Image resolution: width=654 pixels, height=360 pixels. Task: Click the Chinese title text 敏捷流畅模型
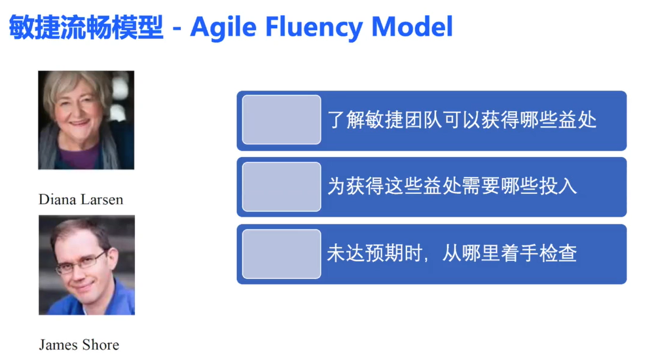click(85, 27)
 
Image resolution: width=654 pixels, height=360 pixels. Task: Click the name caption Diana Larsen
click(81, 199)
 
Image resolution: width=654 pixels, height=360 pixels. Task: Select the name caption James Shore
click(79, 344)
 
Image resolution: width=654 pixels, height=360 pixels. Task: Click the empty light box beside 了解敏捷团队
click(282, 120)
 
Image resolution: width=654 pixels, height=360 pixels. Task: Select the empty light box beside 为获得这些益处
click(282, 187)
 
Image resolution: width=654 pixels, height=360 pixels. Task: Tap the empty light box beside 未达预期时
click(282, 253)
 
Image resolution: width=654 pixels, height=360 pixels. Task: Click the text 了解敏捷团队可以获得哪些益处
click(462, 120)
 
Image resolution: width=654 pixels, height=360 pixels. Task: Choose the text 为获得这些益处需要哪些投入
click(452, 187)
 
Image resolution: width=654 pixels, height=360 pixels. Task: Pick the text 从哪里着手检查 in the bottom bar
click(509, 253)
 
